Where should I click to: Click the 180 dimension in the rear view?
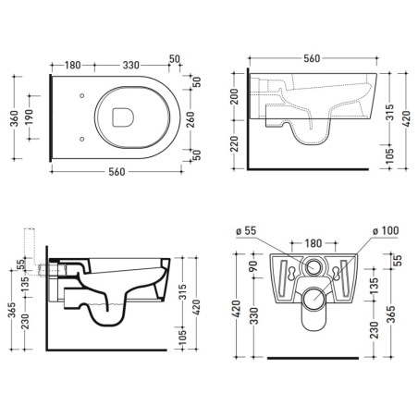(313, 242)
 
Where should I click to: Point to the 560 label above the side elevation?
(312, 57)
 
